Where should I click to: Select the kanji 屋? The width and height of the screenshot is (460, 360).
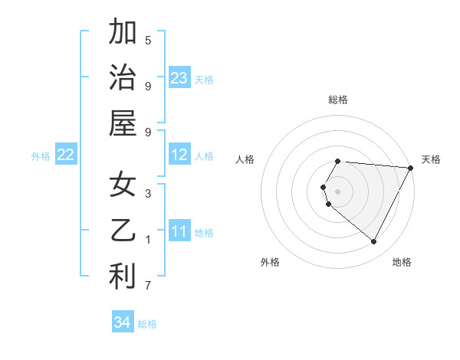click(123, 123)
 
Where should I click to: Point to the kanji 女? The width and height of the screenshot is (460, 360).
click(123, 185)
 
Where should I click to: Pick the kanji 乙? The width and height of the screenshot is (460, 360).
click(123, 231)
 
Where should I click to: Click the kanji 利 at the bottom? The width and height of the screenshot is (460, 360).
click(123, 277)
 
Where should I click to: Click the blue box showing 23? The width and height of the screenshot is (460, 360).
click(179, 77)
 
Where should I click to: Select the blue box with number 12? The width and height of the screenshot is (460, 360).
click(179, 155)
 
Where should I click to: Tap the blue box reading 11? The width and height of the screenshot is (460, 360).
click(179, 231)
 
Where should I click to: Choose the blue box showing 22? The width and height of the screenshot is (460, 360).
click(65, 155)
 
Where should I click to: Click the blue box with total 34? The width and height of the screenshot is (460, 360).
click(122, 322)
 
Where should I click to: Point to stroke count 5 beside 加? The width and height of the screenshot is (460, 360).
click(148, 40)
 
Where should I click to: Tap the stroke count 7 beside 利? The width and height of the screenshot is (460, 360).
click(148, 286)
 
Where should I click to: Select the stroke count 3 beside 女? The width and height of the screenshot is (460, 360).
click(148, 194)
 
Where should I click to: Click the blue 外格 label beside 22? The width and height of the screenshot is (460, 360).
click(41, 156)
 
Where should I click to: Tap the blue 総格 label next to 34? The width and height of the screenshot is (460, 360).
click(147, 324)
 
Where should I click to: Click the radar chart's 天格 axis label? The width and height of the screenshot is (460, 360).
click(431, 159)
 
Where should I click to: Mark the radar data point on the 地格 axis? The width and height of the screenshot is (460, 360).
click(374, 242)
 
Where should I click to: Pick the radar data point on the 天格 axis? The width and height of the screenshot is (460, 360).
click(411, 168)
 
